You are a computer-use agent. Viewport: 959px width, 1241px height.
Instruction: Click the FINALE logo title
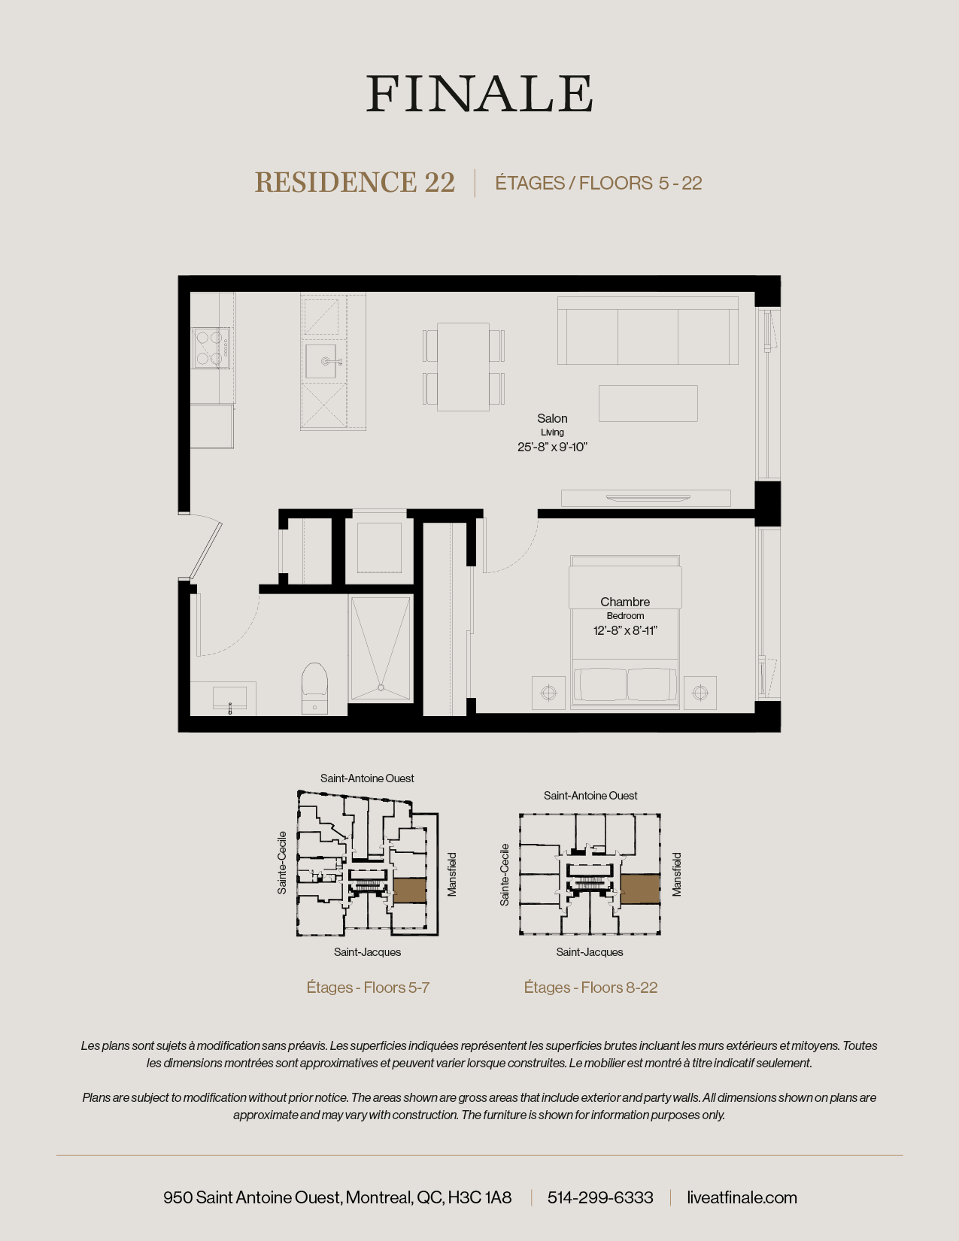point(479,94)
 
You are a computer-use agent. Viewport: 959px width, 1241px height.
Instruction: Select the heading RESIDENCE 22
point(355,182)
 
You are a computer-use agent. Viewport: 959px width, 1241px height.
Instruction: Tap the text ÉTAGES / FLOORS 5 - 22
point(598,183)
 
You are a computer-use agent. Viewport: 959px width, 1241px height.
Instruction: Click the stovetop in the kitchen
point(211,347)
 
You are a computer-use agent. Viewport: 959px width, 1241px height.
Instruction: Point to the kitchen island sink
point(321,362)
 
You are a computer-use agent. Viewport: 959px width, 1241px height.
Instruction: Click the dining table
point(463,367)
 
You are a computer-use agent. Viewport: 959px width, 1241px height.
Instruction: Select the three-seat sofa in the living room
point(648,332)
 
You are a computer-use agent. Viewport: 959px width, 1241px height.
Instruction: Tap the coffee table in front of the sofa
point(648,403)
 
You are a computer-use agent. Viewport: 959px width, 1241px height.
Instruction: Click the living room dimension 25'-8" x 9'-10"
point(552,447)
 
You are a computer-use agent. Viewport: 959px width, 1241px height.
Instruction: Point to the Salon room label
point(552,418)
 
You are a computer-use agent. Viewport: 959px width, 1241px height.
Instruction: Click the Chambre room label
point(625,602)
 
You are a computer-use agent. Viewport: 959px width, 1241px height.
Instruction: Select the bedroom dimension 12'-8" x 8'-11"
point(625,630)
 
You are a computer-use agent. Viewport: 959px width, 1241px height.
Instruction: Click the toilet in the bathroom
point(314,686)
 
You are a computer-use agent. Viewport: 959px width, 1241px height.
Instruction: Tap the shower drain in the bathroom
point(381,687)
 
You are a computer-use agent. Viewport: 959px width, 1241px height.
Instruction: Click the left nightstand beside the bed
point(548,693)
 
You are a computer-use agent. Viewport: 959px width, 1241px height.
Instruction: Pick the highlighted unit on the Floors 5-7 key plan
point(410,891)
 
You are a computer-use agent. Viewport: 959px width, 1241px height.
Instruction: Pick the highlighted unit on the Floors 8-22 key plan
point(640,889)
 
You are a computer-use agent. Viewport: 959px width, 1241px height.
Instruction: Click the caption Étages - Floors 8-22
point(590,988)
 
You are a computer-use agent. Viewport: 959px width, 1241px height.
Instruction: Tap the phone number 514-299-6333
point(600,1197)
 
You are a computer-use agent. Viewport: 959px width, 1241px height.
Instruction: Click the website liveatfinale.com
point(742,1197)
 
